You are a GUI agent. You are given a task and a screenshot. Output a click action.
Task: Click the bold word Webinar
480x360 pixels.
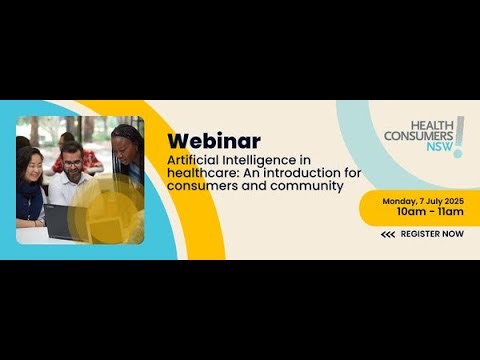[214, 140]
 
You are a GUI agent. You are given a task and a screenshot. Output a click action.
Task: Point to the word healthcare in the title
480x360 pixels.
[199, 172]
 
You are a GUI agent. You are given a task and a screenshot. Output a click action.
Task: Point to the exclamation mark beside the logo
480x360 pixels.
[459, 136]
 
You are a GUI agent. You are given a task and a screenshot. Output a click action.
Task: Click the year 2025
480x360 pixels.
[453, 200]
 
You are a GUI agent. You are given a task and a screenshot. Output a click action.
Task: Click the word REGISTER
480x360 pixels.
[421, 234]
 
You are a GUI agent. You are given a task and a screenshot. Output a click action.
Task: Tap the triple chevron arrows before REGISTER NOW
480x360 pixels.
[388, 234]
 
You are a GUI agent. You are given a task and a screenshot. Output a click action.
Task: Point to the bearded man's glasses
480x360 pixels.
[71, 164]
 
